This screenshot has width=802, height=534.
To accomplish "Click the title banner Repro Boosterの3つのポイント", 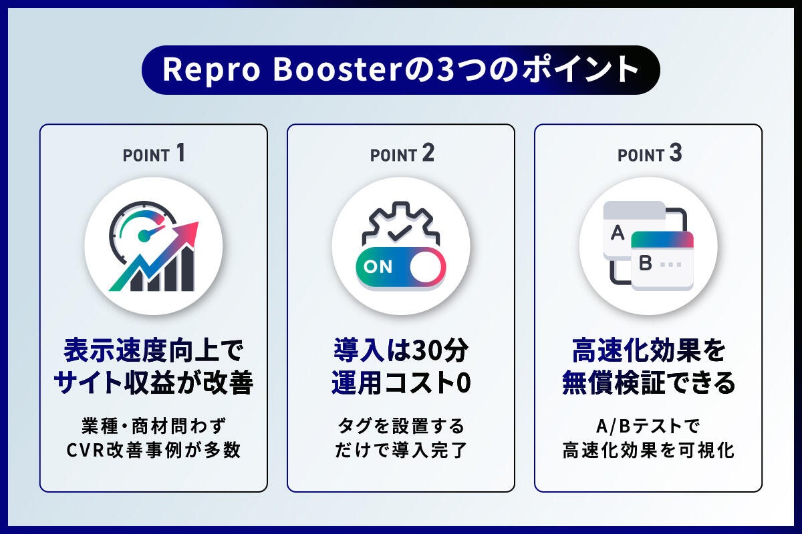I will pyautogui.click(x=400, y=70).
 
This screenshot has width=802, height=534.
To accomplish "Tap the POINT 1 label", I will pyautogui.click(x=153, y=154).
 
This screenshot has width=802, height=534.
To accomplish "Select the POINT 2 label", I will pyautogui.click(x=402, y=154).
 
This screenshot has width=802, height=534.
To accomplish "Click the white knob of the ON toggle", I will pyautogui.click(x=426, y=268).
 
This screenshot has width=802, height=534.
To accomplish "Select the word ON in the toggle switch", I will pyautogui.click(x=379, y=268).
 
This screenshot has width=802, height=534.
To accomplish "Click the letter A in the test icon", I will pyautogui.click(x=618, y=233).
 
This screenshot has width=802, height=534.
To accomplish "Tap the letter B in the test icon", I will pyautogui.click(x=645, y=264).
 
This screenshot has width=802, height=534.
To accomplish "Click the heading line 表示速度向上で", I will pyautogui.click(x=154, y=349).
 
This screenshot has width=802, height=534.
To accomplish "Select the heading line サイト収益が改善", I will pyautogui.click(x=154, y=382).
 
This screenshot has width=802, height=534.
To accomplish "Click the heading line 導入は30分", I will pyautogui.click(x=401, y=349).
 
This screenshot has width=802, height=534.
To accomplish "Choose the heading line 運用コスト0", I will pyautogui.click(x=401, y=382).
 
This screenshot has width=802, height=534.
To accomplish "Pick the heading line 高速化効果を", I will pyautogui.click(x=648, y=349).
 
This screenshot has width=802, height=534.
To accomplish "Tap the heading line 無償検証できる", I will pyautogui.click(x=648, y=382).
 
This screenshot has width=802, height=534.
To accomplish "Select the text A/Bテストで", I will pyautogui.click(x=648, y=426).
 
